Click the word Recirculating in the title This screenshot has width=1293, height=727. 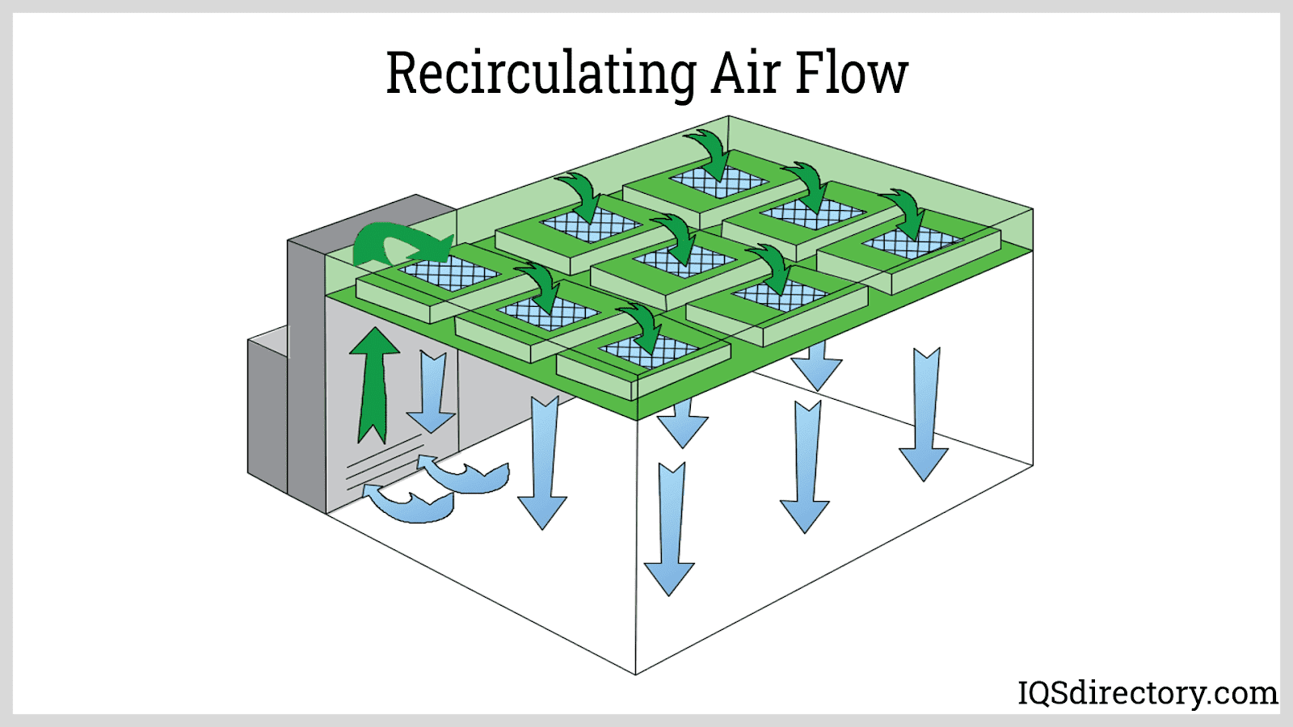[540, 74]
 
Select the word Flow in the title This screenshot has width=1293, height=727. [852, 74]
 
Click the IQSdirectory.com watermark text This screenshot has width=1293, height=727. [1148, 693]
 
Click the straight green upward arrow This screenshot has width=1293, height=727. [373, 384]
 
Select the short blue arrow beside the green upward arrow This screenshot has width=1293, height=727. [432, 392]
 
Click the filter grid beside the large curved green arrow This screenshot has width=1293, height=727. [449, 273]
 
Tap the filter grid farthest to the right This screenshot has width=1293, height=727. [912, 242]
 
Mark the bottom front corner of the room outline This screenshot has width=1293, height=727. [636, 674]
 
